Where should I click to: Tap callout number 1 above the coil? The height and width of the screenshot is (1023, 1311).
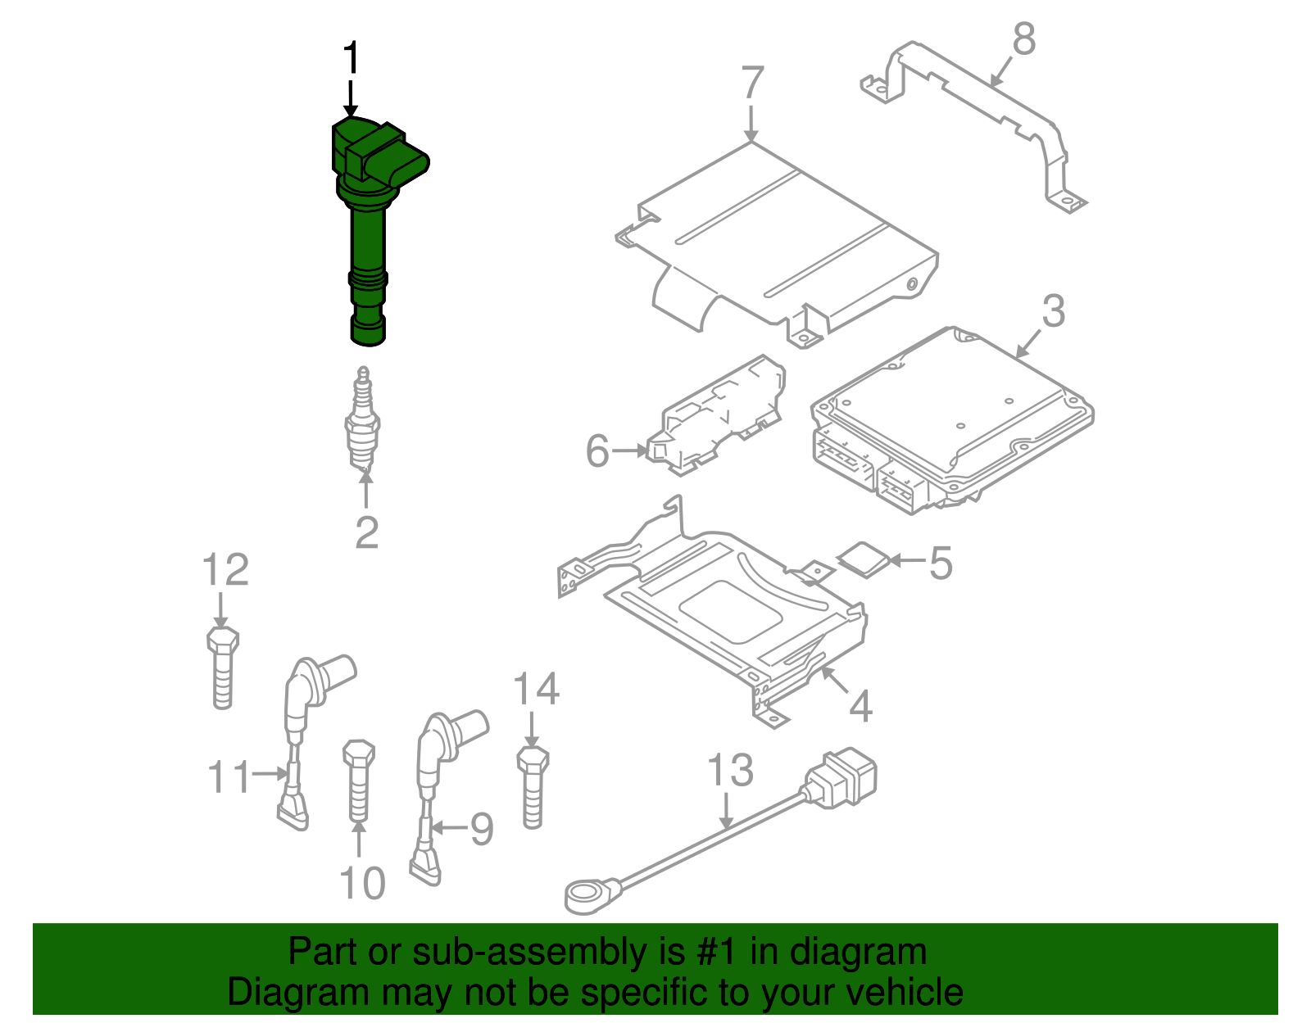click(351, 59)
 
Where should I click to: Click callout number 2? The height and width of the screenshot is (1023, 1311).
click(366, 533)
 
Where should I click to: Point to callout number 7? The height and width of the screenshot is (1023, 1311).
click(752, 83)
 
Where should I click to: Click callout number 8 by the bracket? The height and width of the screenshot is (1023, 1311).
click(1023, 39)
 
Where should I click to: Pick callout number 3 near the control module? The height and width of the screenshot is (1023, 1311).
click(1054, 311)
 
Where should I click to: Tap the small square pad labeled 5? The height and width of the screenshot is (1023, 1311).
click(863, 559)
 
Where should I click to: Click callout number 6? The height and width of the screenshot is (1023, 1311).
click(597, 451)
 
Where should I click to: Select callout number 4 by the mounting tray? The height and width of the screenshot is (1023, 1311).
click(860, 705)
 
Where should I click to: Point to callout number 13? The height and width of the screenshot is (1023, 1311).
click(729, 771)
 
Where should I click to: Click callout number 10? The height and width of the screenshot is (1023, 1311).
click(361, 884)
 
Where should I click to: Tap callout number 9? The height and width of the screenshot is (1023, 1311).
click(481, 829)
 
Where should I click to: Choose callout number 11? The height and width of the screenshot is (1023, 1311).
click(229, 776)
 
